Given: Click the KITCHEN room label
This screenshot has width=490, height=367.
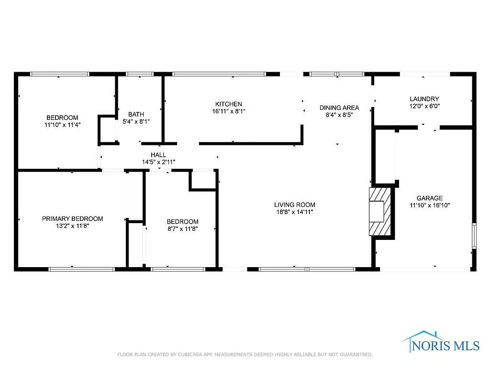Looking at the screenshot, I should [228, 104].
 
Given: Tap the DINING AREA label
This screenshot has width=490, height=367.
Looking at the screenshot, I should [339, 108].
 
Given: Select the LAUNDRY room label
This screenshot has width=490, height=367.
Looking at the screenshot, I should [424, 99].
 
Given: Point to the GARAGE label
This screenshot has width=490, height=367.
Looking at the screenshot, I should [429, 198].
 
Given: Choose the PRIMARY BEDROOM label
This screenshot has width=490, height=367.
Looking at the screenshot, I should [72, 219].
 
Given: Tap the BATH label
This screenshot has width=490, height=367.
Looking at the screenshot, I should [136, 115].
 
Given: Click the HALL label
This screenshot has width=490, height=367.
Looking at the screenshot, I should [158, 155].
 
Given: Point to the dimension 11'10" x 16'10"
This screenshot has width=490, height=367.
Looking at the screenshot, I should [429, 205].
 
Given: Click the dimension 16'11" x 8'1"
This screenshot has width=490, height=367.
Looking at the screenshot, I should [228, 111].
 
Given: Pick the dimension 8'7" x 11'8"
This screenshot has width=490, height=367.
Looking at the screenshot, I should [182, 228].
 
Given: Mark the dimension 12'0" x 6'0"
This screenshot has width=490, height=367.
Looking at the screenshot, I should [424, 106].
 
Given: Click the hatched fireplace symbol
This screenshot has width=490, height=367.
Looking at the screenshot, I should [380, 211].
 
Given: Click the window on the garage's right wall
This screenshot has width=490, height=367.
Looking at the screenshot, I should [474, 236].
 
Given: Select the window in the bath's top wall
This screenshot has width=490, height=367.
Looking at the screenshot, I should [140, 74].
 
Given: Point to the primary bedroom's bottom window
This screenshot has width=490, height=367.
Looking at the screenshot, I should [81, 270].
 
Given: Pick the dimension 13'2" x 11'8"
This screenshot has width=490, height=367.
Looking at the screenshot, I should [72, 226].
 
